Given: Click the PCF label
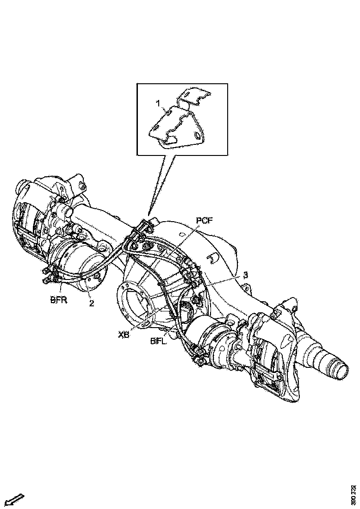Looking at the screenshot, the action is pyautogui.click(x=204, y=221).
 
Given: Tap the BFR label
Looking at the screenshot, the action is pyautogui.click(x=58, y=300).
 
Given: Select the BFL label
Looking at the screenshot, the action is pyautogui.click(x=158, y=341).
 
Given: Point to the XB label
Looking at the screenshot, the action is pyautogui.click(x=124, y=335).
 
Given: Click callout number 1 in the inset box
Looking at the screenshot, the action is pyautogui.click(x=158, y=104).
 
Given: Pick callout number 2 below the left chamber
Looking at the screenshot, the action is pyautogui.click(x=92, y=304).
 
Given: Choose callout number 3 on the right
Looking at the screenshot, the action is pyautogui.click(x=246, y=275).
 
